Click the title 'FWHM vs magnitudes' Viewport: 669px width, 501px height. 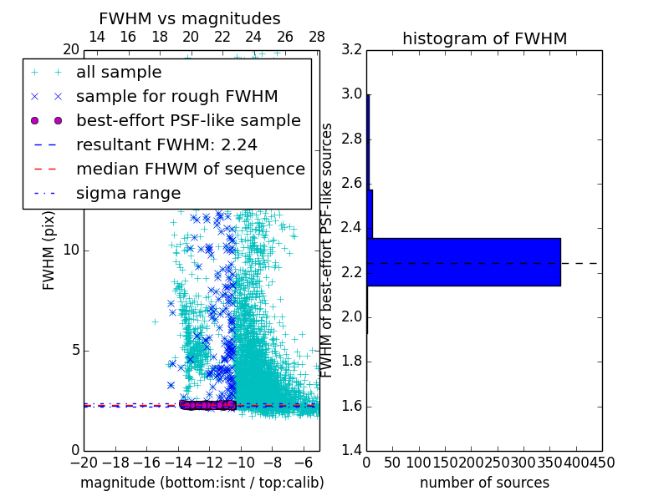189,18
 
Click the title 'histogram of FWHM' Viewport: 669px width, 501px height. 484,38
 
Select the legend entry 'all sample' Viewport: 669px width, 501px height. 119,73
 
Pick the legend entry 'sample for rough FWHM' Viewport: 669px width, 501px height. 176,97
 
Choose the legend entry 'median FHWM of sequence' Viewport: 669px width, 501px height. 190,169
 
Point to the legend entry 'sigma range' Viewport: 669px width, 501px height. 128,193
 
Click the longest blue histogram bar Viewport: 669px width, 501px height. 463,262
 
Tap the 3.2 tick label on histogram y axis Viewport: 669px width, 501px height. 351,49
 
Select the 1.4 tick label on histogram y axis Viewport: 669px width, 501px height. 351,451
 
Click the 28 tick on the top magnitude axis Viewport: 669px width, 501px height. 317,37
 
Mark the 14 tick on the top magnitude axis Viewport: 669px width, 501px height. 97,37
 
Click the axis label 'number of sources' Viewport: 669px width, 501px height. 484,483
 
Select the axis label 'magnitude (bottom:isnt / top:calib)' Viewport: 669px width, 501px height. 202,483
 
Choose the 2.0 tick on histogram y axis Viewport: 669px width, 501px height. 351,317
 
